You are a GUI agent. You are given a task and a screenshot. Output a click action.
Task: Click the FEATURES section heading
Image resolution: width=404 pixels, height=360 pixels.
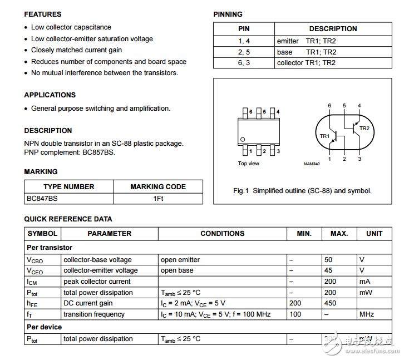(43, 14)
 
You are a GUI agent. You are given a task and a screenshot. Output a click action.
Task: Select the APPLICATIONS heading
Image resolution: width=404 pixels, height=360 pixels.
(50, 95)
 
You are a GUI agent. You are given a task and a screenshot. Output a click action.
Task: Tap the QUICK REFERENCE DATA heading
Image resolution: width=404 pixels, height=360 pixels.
(68, 219)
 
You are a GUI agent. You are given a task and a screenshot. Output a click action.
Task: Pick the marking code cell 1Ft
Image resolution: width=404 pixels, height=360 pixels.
(158, 198)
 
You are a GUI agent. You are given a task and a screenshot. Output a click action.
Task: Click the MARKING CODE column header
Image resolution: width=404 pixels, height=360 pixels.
(158, 186)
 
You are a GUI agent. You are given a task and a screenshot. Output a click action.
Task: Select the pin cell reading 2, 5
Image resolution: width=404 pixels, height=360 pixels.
(244, 52)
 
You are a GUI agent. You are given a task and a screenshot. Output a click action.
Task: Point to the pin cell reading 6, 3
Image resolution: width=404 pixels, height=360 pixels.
(244, 63)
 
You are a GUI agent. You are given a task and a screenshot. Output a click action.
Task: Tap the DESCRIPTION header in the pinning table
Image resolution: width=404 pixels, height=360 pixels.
(333, 28)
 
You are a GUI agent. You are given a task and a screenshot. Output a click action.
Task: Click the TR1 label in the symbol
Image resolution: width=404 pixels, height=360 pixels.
(324, 136)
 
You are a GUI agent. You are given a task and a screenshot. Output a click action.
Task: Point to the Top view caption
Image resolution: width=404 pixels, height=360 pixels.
(248, 164)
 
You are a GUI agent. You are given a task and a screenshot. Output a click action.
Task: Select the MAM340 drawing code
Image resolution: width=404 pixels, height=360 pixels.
(312, 164)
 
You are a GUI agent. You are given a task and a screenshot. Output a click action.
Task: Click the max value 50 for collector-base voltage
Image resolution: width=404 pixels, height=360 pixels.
(328, 259)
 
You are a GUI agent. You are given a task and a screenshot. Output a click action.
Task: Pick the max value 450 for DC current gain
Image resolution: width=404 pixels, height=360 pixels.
(330, 303)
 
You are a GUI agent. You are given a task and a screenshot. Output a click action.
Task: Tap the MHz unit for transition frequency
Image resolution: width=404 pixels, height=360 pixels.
(366, 314)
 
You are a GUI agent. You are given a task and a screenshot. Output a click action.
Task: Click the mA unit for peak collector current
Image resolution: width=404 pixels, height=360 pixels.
(364, 282)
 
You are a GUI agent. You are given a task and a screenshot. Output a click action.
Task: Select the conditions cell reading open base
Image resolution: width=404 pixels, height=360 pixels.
(177, 270)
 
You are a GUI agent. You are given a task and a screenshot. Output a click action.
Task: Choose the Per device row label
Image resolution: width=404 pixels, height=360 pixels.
(45, 327)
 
